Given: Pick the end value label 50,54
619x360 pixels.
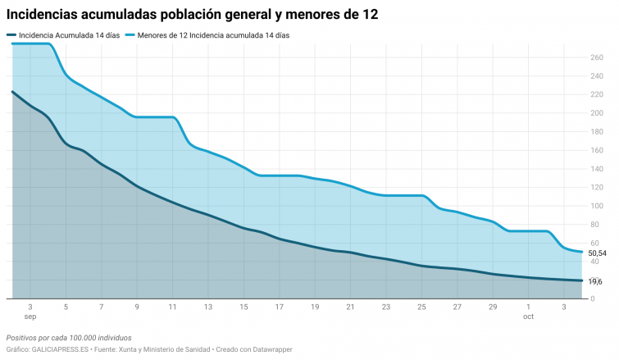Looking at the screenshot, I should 598,253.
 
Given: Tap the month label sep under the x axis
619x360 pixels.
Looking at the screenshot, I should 30,316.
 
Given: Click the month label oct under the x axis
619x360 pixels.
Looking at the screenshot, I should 529,316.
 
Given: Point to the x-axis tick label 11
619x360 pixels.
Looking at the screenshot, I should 172,307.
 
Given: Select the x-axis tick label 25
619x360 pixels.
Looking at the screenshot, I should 421,307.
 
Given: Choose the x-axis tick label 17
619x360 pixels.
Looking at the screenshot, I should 280,307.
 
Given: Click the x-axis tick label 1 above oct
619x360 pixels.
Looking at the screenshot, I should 529,307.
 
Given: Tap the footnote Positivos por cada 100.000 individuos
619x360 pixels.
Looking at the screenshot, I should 69,337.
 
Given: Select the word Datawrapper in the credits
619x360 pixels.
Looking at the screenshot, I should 270,349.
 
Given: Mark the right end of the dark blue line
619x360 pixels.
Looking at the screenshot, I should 582,280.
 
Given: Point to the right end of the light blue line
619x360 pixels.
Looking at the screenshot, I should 582,252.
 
